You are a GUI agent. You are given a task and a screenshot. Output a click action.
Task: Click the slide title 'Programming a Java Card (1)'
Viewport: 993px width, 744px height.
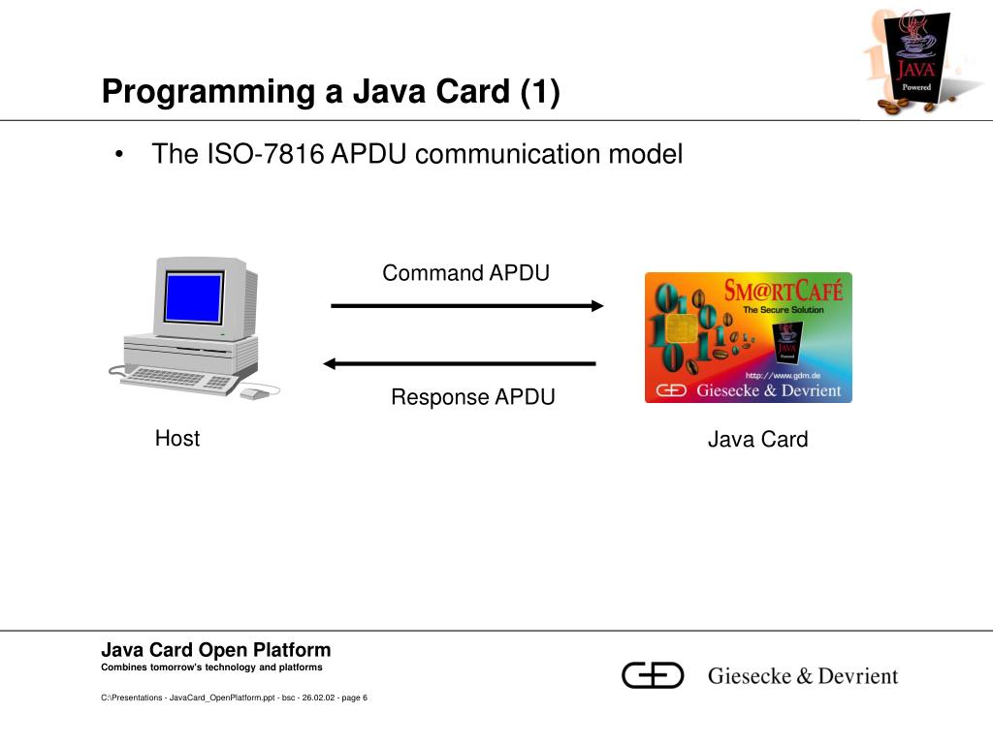coord(331,92)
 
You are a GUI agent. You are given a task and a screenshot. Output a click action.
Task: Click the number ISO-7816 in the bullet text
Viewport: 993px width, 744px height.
coord(263,154)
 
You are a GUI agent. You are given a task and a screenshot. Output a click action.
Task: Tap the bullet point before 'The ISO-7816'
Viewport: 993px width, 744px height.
coord(118,155)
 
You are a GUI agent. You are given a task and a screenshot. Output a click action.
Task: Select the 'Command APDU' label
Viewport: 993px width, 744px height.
coord(465,273)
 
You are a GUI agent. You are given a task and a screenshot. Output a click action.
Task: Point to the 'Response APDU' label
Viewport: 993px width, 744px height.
coord(472,397)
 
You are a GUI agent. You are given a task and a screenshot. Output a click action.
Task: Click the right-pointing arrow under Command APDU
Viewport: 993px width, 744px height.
coord(467,306)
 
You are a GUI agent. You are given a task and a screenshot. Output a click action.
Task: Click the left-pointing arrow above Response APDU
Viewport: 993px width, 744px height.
coord(459,364)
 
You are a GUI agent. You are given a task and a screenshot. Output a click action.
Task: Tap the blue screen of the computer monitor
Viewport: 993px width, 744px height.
coord(193,297)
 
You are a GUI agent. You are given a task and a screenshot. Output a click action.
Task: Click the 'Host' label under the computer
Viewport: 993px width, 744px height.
coord(177,439)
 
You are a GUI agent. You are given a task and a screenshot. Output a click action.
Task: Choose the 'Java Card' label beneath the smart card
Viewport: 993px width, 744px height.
coord(757,440)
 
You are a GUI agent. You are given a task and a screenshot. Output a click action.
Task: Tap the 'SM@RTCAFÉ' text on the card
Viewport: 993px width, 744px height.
coord(784,290)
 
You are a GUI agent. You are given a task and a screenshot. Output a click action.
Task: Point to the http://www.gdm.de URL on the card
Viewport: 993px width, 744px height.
coord(784,375)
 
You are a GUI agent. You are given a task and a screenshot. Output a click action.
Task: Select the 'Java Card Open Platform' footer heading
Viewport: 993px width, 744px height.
coord(216,650)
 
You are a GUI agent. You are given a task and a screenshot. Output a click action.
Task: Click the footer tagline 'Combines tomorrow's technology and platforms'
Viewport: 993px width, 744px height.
coord(211,668)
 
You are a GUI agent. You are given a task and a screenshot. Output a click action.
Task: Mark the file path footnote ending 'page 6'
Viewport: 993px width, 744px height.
coord(234,697)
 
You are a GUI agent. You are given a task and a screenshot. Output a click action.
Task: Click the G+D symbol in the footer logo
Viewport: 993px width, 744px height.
coord(653,675)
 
